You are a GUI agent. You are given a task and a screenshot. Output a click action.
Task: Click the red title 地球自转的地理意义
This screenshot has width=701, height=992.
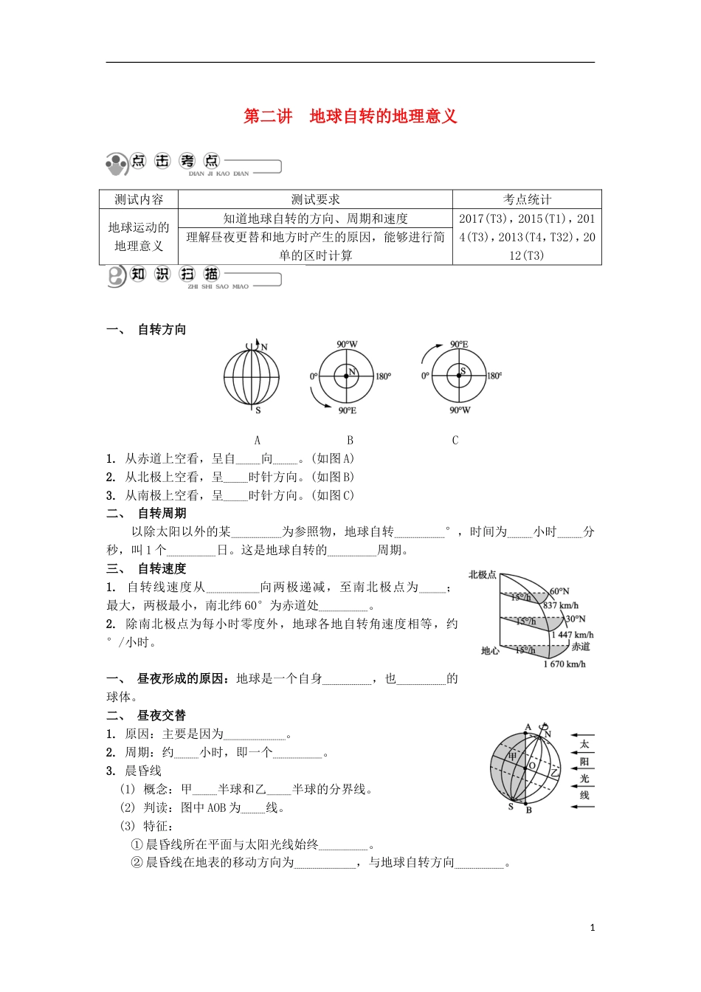(383, 117)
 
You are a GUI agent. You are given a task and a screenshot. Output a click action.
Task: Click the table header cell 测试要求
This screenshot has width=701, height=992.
(315, 199)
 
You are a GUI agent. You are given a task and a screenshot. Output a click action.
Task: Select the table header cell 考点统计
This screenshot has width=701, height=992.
(527, 199)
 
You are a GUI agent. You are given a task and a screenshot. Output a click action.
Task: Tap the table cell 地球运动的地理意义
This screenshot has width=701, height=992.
(139, 236)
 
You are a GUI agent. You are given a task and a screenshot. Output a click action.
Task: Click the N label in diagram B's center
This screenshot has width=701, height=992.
(352, 371)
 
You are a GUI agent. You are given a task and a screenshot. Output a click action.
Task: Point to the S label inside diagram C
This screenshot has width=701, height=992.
(463, 371)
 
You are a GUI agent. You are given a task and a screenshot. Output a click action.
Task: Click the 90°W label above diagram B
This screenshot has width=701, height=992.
(347, 345)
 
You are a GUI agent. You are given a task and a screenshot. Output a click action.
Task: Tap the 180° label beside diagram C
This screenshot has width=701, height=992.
(494, 376)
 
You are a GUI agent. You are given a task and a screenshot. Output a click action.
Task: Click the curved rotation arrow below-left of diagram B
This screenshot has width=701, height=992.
(320, 398)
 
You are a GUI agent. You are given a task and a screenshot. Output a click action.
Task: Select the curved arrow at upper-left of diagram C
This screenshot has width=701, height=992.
(427, 352)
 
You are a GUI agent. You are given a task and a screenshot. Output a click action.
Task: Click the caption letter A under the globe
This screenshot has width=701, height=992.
(258, 441)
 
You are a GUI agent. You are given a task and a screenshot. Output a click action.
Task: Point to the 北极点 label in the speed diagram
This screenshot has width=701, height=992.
(482, 574)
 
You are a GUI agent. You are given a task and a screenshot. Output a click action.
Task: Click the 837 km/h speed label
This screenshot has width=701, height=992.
(561, 605)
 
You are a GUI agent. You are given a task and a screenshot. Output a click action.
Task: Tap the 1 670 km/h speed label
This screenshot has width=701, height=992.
(564, 664)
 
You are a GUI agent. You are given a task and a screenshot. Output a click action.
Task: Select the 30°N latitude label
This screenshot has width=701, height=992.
(576, 619)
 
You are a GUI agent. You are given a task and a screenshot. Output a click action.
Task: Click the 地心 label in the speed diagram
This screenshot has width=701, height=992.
(490, 650)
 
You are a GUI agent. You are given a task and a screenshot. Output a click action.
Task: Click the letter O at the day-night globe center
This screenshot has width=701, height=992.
(532, 766)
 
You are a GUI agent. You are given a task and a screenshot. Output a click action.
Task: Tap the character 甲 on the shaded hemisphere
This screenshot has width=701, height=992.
(511, 757)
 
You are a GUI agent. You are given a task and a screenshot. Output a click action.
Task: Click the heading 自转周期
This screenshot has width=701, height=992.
(162, 514)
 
